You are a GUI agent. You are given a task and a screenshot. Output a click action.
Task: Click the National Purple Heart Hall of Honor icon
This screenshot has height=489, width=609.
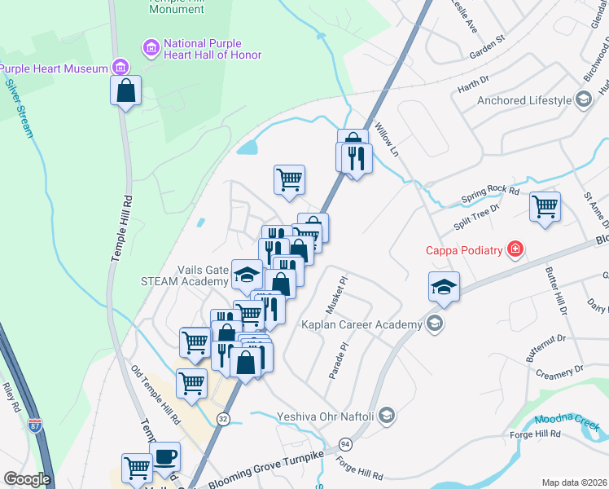pos(151,49)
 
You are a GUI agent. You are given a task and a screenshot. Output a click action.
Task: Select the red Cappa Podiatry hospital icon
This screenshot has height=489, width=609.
pos(515,249)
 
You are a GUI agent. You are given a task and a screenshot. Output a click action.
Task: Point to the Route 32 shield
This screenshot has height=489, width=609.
pos(222,418)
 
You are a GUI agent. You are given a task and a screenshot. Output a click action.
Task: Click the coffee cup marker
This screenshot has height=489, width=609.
pos(165,456)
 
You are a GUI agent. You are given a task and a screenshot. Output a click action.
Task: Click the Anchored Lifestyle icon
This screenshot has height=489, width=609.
pos(583,100)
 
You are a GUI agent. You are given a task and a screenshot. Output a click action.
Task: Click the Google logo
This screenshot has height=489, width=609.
pos(28,478)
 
